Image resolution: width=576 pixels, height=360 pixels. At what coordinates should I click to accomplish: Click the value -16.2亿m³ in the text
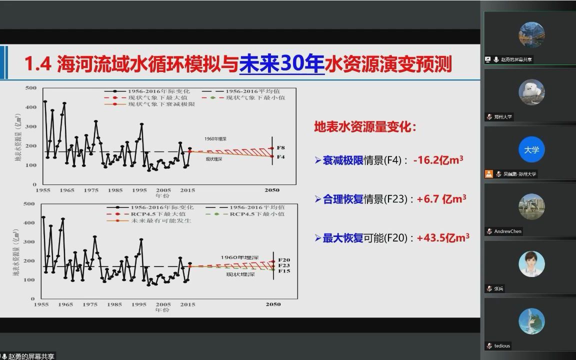pos(438,160)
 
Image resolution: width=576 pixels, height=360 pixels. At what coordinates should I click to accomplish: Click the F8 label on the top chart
pos(280,148)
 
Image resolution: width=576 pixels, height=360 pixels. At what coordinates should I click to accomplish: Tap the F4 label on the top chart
pos(280,157)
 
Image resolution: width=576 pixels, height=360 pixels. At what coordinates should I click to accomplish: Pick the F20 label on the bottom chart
pos(283,260)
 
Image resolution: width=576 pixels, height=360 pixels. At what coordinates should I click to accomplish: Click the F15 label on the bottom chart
pos(283,271)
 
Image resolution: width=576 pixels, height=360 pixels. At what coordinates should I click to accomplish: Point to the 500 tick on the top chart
pos(31,88)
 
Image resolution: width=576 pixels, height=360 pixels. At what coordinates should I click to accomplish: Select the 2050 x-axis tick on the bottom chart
pos(273,304)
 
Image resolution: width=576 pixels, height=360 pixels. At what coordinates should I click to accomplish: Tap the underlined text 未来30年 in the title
pos(282,64)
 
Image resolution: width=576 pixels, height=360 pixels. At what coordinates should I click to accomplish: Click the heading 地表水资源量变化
pos(364,127)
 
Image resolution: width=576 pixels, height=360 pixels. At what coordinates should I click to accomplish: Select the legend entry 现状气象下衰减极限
pos(161,104)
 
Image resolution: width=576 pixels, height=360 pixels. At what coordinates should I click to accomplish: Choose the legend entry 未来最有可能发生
pos(161,220)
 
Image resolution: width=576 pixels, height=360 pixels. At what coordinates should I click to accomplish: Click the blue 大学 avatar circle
pos(531,149)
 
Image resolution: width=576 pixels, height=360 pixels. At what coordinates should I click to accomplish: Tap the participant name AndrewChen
pos(507,231)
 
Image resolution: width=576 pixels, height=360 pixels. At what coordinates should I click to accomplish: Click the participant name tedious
pos(502,346)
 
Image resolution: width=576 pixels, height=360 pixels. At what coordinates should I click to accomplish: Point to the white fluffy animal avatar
pos(531,92)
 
